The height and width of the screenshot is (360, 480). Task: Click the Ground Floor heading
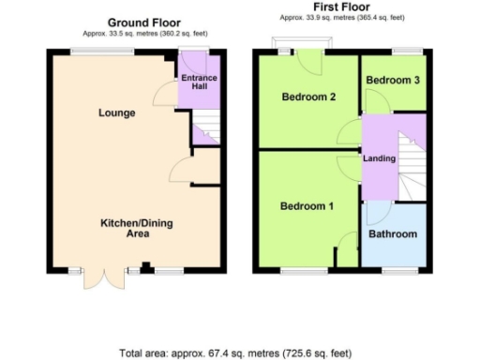144,22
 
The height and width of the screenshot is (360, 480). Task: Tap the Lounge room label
117,113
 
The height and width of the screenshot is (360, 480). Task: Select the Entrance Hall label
198,82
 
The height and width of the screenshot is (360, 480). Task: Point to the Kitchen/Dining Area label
137,228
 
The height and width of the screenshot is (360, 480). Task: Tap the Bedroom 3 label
392,81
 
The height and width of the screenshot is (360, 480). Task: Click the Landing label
380,158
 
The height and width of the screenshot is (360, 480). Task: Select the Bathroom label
392,233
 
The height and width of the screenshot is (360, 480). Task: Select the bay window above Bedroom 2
302,44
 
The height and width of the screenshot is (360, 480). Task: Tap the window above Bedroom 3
405,50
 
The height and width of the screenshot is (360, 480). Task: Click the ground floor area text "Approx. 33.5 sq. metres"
144,33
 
